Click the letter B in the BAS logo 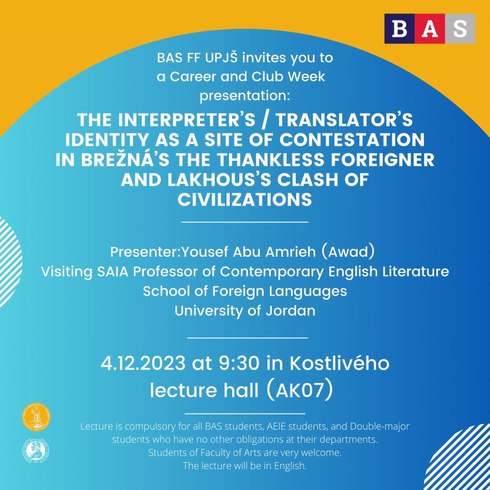tap(399, 29)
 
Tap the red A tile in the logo tap(430, 28)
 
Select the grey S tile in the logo tap(460, 28)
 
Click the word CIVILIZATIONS tap(245, 200)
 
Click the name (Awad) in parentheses tap(347, 252)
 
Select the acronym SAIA tap(113, 272)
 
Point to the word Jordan tap(290, 311)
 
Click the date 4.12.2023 tap(143, 363)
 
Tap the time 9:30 tap(239, 363)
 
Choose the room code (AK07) tap(300, 390)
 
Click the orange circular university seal tap(36, 417)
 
